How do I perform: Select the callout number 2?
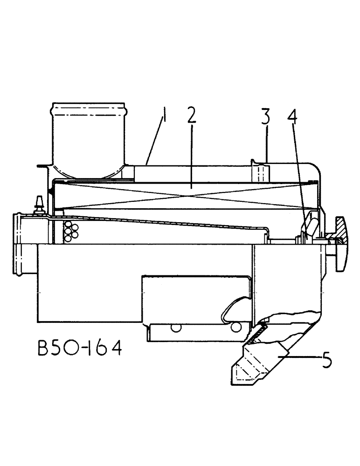tap(191, 117)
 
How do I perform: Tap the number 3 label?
tap(265, 117)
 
